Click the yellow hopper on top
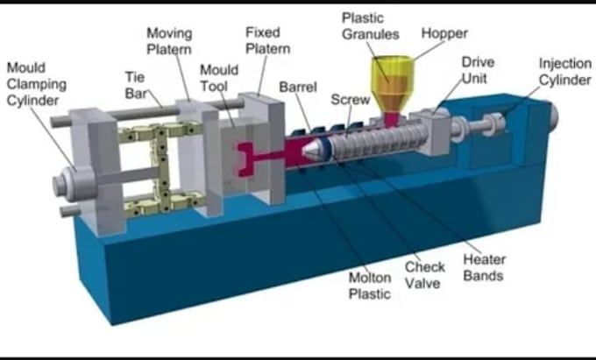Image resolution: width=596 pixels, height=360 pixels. pos(393,86)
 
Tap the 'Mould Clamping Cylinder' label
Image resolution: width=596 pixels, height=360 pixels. pos(37,84)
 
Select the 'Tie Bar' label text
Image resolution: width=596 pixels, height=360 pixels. pos(136,85)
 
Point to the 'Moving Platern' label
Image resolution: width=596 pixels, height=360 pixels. pos(169,41)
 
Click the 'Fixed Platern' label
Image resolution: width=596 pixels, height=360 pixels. pos(267,40)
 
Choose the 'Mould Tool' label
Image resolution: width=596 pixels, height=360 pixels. pos(219,78)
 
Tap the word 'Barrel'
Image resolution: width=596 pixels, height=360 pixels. pos(298,87)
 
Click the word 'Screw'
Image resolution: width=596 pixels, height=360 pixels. pos(350,100)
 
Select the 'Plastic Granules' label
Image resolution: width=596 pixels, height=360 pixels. pos(370,25)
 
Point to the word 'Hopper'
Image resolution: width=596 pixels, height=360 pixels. pos(444,33)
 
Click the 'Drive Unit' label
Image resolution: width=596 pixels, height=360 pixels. pos(479,70)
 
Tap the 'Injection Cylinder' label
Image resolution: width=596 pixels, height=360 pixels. pos(565,72)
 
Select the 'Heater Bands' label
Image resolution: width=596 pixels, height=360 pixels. pos(484,267)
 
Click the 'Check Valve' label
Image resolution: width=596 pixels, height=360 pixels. pos(424,275)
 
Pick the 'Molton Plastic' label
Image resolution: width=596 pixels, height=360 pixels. pos(370,286)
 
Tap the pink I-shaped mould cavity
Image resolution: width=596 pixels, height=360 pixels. pos(252,159)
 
